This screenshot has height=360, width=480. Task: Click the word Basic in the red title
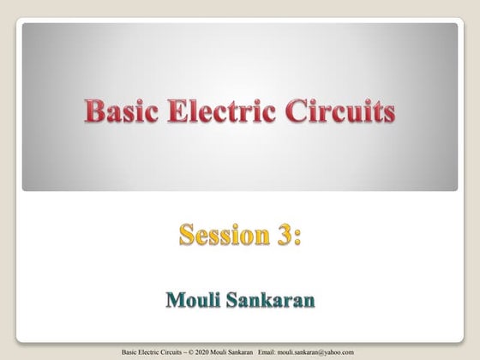click(x=119, y=111)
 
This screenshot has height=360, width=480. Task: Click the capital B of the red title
click(x=93, y=111)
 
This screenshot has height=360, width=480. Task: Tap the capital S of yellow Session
click(x=187, y=233)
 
